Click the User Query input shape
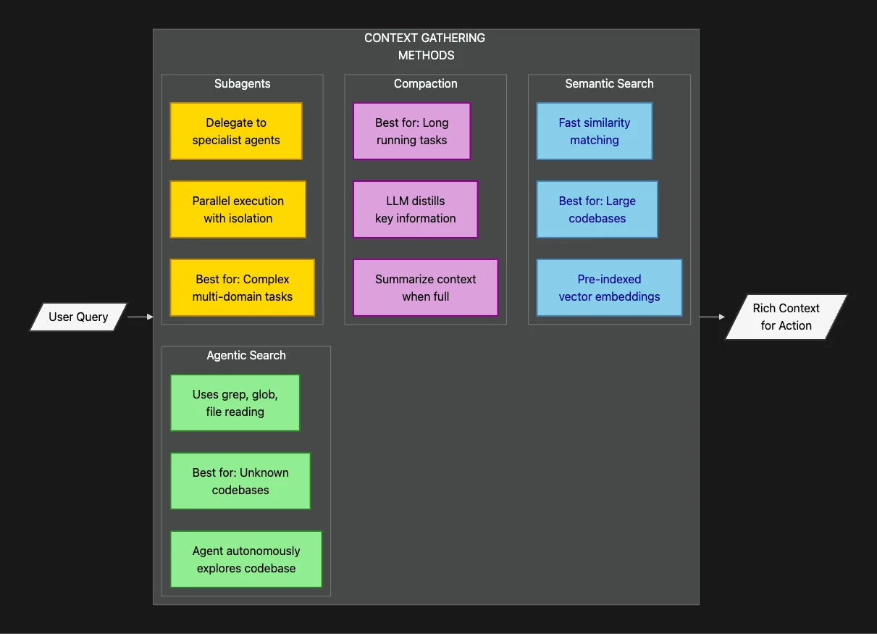point(78,317)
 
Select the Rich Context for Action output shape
point(786,317)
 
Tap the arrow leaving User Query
point(140,317)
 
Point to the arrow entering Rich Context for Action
point(712,317)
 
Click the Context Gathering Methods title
point(425,46)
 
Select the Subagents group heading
point(242,83)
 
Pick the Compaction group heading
point(425,83)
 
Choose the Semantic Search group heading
point(609,83)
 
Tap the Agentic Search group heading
point(246,355)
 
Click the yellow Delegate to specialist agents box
point(236,131)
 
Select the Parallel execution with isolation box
point(238,209)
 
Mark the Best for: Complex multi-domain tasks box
point(243,288)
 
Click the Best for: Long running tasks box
point(411,131)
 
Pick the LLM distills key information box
point(416,209)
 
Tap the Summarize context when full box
point(426,288)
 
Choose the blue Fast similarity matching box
point(595,131)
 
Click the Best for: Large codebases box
point(597,209)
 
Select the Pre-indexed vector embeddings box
point(609,288)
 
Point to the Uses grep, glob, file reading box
point(235,403)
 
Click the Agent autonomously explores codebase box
point(246,559)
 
